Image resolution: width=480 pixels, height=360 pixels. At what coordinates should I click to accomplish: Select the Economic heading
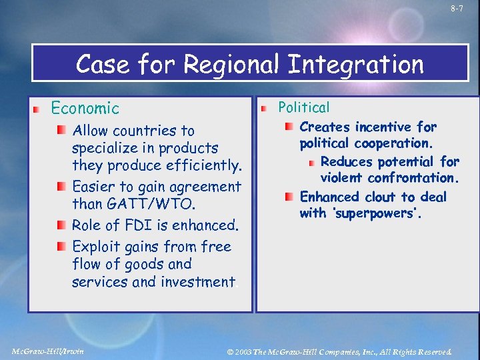click(x=85, y=108)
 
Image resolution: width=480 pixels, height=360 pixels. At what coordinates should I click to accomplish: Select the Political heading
click(x=303, y=107)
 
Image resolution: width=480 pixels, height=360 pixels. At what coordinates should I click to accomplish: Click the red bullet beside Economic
click(x=40, y=109)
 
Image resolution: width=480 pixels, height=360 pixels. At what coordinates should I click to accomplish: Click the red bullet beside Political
click(x=265, y=107)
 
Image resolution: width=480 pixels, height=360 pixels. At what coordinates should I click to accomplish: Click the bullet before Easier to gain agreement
click(x=61, y=187)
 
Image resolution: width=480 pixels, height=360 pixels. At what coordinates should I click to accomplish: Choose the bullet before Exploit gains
click(x=61, y=247)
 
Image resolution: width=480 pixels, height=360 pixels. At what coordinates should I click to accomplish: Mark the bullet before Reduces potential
click(x=311, y=162)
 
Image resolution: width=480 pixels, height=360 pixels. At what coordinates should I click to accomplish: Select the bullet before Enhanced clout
click(x=289, y=197)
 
